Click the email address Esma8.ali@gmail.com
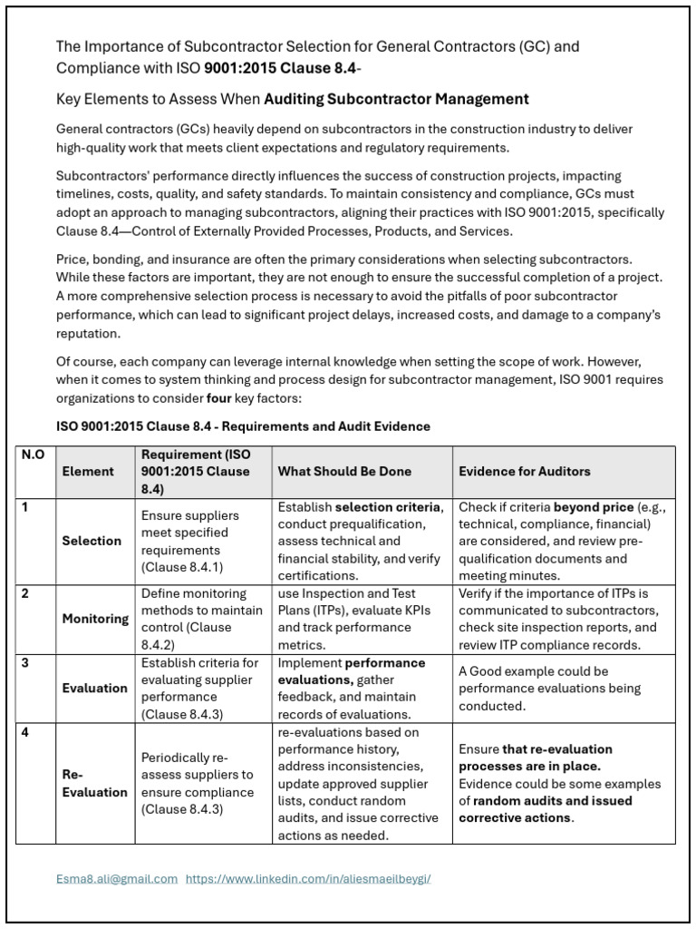[117, 879]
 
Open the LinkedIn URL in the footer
[308, 879]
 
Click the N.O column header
[33, 455]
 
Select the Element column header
[88, 472]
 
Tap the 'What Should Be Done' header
[344, 472]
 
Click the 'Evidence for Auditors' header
[525, 472]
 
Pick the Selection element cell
[92, 541]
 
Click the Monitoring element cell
[95, 619]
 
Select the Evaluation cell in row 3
[95, 688]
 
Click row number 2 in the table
[25, 593]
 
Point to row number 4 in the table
[25, 732]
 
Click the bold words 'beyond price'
[592, 507]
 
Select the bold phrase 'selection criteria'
[388, 507]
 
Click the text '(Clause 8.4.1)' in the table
[181, 567]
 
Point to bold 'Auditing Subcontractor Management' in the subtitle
[396, 99]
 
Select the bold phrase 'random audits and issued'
[552, 801]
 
